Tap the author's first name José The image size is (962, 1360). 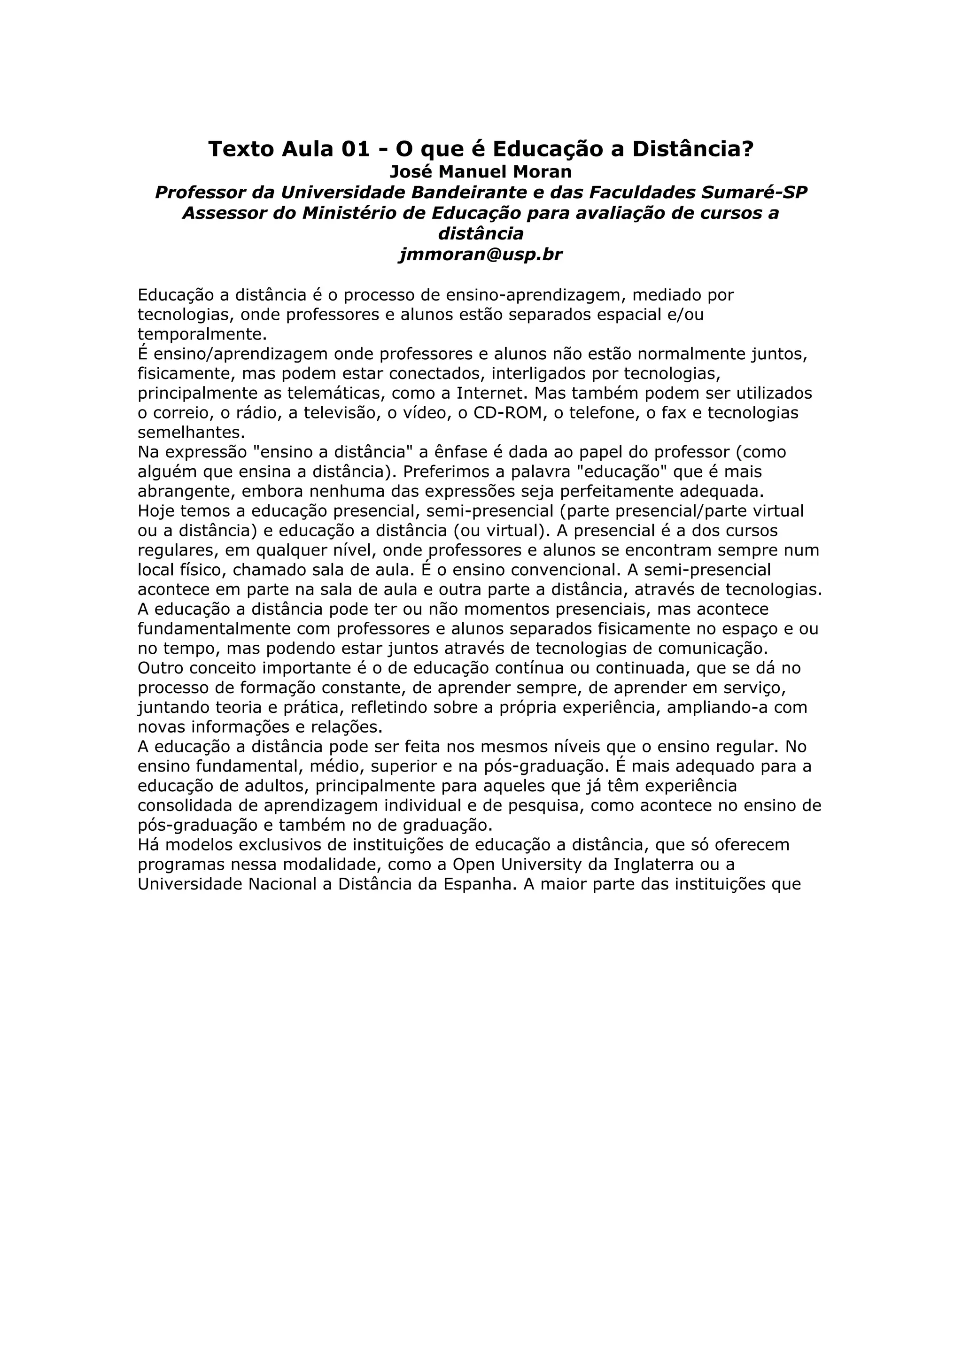(409, 172)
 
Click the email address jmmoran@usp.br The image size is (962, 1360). (481, 254)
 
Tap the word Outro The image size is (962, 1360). (159, 668)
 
